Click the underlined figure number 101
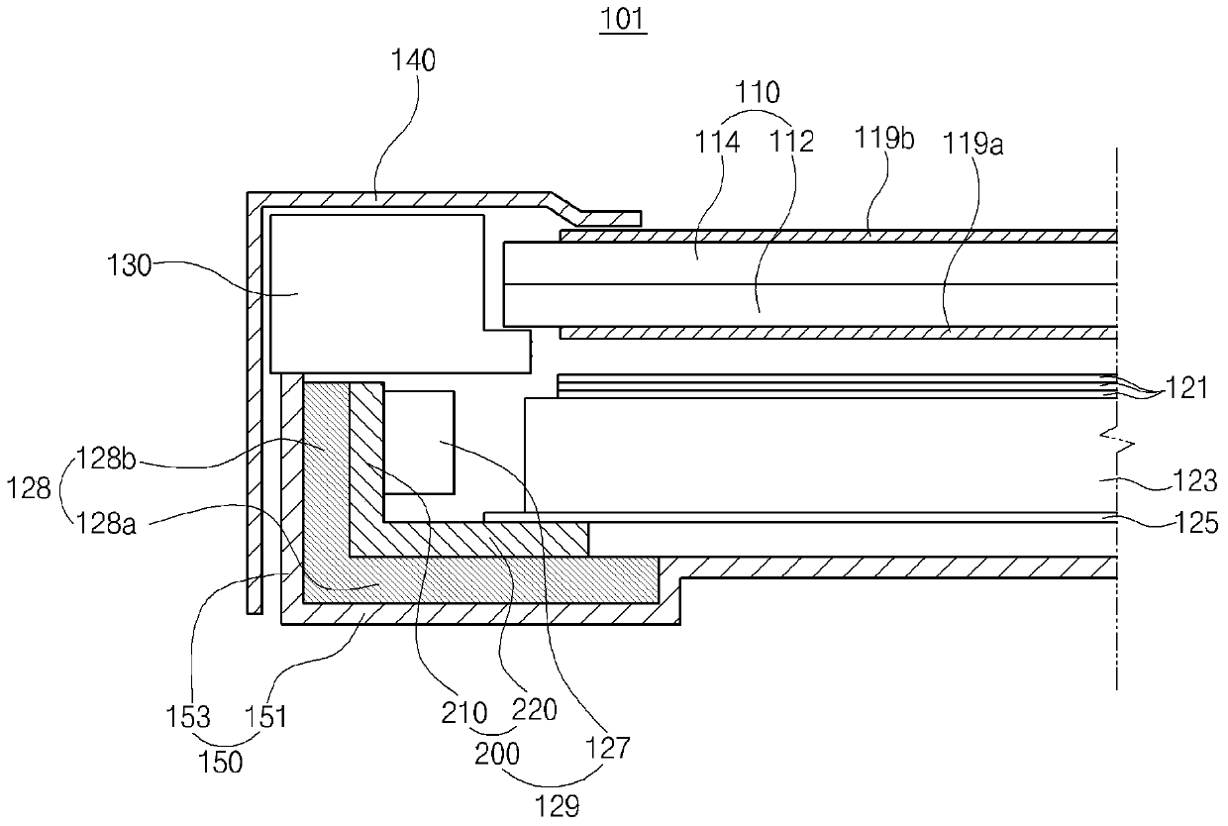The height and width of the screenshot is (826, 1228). click(x=623, y=19)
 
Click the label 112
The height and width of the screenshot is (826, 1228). click(x=793, y=142)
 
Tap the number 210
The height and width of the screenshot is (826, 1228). click(x=463, y=711)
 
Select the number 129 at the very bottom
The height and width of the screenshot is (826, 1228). click(x=557, y=807)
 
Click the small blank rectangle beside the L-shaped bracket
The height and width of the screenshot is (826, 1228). click(x=419, y=441)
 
